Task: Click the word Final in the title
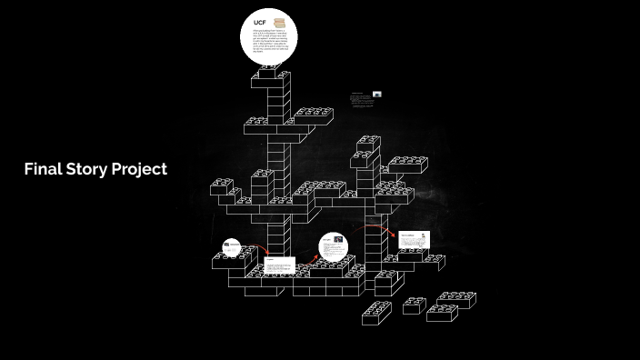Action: [x=41, y=169]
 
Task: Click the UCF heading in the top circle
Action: [x=258, y=22]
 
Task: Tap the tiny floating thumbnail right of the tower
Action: [x=377, y=94]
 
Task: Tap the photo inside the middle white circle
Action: [x=339, y=241]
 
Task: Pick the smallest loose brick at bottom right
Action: [x=414, y=306]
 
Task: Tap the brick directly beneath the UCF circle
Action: [x=270, y=81]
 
